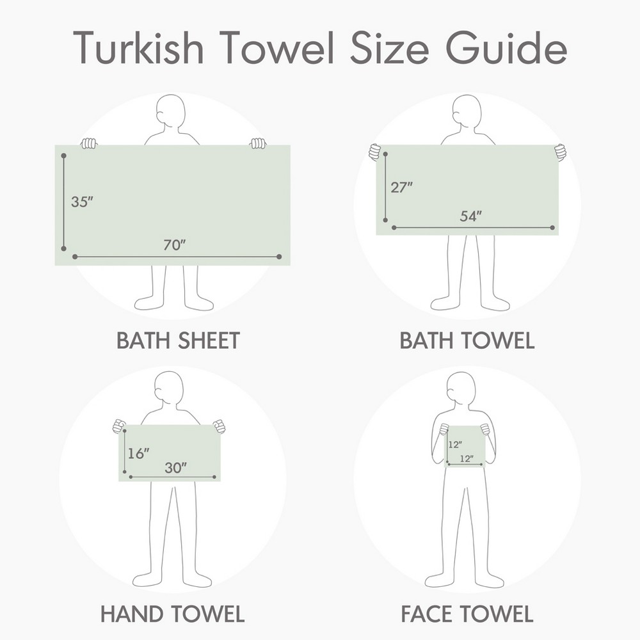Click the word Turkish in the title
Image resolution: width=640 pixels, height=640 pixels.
[138, 47]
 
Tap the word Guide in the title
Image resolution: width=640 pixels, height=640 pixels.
[506, 47]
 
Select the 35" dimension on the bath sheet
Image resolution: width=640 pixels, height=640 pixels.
[82, 202]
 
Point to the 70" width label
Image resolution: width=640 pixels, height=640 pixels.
[174, 245]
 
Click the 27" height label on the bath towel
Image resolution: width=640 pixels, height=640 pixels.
[402, 188]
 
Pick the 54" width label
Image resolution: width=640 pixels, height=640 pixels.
[470, 216]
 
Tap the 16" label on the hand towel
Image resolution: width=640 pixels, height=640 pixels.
[138, 453]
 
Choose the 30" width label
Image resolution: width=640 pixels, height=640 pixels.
[175, 468]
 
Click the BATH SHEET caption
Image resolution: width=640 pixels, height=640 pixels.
[178, 340]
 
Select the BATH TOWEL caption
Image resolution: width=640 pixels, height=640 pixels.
[467, 340]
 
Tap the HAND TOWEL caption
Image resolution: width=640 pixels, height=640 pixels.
[172, 614]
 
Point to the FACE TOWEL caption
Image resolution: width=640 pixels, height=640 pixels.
[467, 614]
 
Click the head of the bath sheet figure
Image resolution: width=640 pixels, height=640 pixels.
[171, 111]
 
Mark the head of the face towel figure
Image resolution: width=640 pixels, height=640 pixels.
[461, 388]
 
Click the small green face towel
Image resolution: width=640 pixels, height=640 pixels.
[464, 446]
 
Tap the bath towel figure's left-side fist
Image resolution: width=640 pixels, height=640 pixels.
[374, 152]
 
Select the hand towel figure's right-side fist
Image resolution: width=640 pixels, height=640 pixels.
[219, 426]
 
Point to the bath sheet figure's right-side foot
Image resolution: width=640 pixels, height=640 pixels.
[199, 303]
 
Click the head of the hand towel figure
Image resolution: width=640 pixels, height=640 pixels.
[169, 388]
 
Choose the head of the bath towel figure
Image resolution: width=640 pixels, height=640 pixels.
[467, 111]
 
